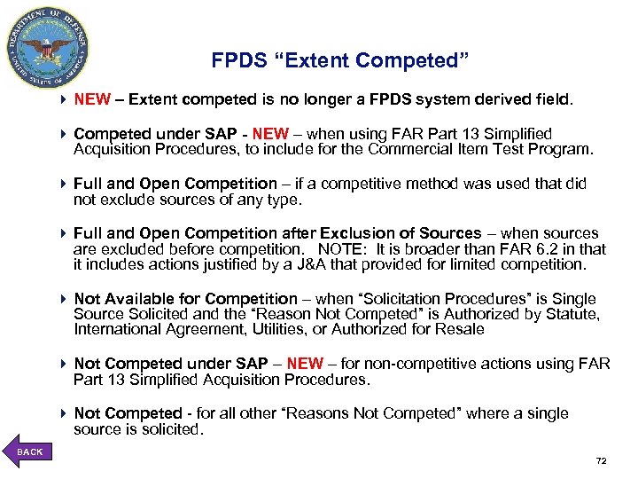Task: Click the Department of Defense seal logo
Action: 48,47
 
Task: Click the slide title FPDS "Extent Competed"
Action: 339,61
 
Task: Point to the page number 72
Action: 601,461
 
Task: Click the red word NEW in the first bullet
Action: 91,101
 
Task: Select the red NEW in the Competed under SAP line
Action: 270,134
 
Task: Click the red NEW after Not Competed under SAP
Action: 305,364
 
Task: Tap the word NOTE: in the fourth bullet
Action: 345,249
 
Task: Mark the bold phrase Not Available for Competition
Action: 186,299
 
